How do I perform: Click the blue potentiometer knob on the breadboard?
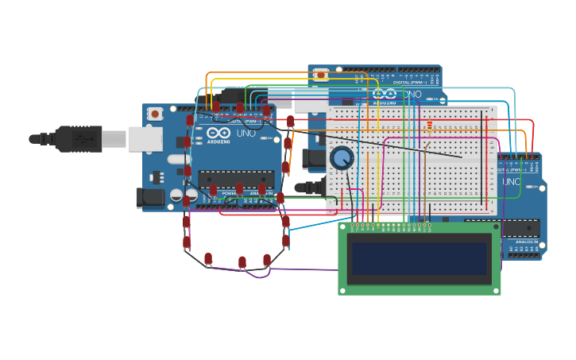pyautogui.click(x=342, y=158)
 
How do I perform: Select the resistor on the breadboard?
pyautogui.click(x=431, y=125)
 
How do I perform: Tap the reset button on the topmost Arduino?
pyautogui.click(x=320, y=75)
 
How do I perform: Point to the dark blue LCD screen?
pyautogui.click(x=419, y=258)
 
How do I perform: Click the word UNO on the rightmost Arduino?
pyautogui.click(x=511, y=182)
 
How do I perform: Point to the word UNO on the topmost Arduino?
pyautogui.click(x=412, y=94)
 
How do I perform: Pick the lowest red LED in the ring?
pyautogui.click(x=242, y=263)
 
